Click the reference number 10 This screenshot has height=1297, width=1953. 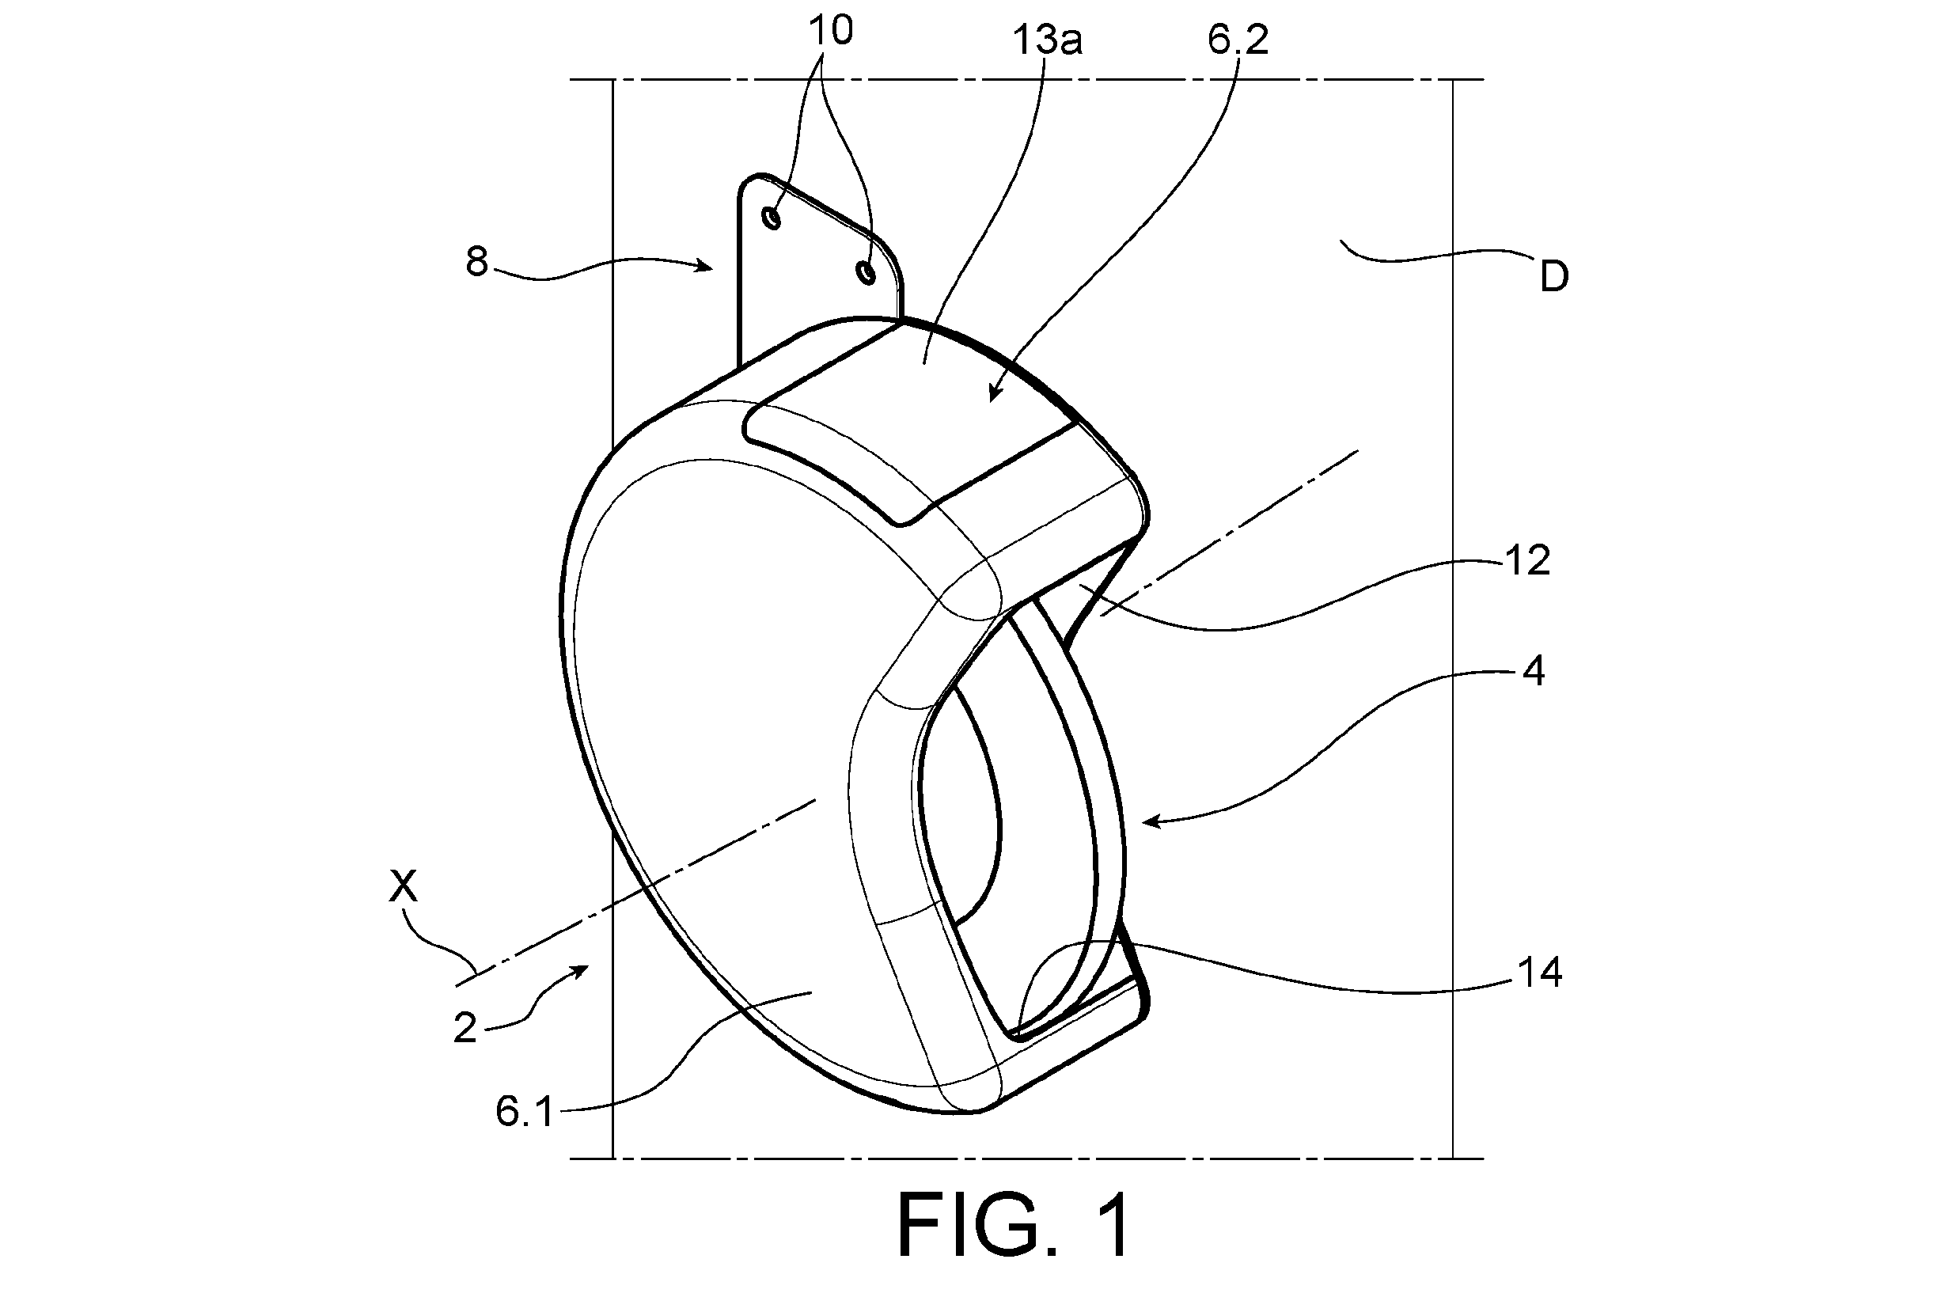(x=831, y=32)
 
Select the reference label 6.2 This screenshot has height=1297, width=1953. (x=1238, y=40)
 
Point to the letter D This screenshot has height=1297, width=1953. (x=1554, y=278)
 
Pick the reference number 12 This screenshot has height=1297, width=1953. (x=1527, y=561)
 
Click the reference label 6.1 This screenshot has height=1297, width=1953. (x=525, y=1112)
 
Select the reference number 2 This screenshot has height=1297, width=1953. (x=466, y=1028)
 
